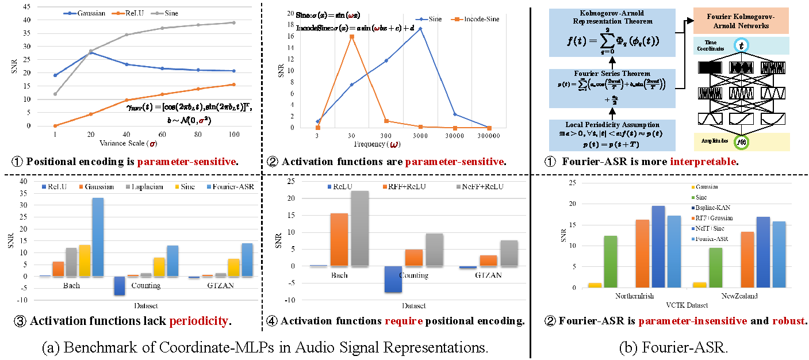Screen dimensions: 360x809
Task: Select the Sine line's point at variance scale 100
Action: point(233,22)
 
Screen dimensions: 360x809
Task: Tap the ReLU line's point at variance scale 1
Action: point(55,126)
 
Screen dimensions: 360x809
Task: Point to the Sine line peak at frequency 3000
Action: point(420,28)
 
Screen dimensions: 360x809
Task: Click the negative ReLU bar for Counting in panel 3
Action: point(119,286)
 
